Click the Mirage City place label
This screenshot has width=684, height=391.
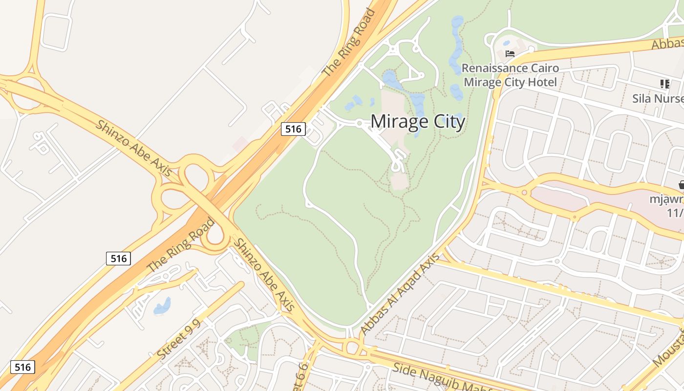point(418,122)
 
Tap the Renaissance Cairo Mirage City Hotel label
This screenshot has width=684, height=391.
point(510,75)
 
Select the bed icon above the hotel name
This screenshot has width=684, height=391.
point(510,54)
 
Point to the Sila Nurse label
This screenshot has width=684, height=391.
point(658,98)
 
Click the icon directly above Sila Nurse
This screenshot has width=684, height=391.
point(664,84)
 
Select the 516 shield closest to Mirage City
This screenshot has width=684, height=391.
point(293,129)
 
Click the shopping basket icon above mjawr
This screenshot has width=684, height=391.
point(681,185)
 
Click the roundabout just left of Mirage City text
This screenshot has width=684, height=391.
point(359,124)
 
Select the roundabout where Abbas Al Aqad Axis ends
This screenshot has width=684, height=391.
point(352,348)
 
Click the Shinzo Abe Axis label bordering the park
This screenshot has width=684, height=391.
point(264,275)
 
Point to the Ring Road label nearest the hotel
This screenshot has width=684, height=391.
point(349,43)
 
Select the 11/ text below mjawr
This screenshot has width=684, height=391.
point(675,213)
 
